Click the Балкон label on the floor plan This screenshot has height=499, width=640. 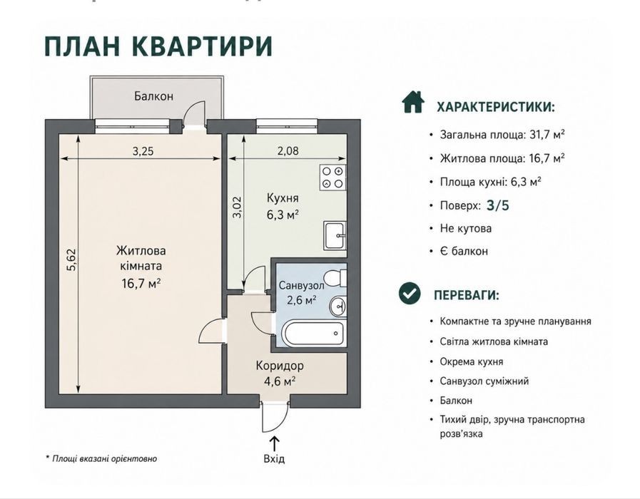tap(154, 96)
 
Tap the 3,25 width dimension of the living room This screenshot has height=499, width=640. tap(143, 151)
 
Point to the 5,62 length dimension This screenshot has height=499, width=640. tap(71, 260)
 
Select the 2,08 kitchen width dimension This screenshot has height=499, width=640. tap(288, 151)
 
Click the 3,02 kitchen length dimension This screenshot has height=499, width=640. tap(237, 207)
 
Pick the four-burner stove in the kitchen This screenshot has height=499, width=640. tap(332, 178)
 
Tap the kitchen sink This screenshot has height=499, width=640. tap(335, 235)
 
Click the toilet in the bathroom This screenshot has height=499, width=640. tap(337, 279)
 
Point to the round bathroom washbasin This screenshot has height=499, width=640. tap(338, 305)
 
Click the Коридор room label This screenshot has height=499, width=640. tap(280, 366)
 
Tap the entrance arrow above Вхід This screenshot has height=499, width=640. tap(275, 443)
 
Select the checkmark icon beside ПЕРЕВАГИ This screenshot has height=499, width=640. tap(410, 294)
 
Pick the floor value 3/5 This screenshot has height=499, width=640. tap(498, 205)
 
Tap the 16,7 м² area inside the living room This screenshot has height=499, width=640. tap(141, 282)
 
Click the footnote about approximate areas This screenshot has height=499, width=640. tap(101, 458)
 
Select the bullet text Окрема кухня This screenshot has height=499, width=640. tap(472, 361)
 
